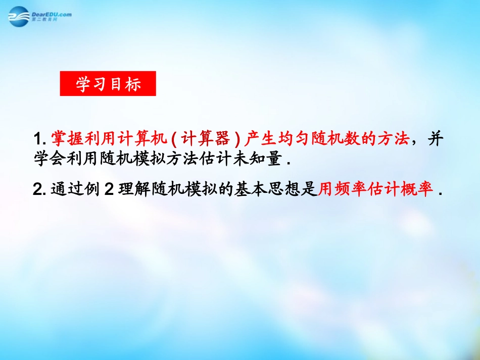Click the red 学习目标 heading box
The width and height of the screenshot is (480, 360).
point(108,84)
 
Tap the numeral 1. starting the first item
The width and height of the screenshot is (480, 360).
point(39,139)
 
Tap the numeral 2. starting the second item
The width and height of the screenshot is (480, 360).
point(39,190)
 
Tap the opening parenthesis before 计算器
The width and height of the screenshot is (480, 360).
point(181,139)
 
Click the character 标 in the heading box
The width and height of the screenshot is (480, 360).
point(132,84)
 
